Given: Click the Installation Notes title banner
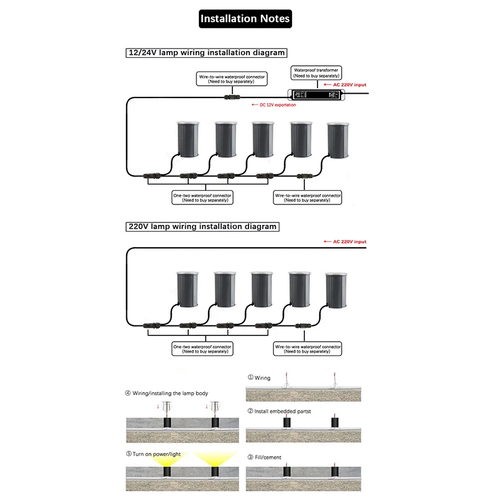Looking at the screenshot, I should pyautogui.click(x=245, y=19).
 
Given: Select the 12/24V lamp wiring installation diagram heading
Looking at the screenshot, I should pyautogui.click(x=206, y=53).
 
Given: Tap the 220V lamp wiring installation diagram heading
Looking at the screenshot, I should pyautogui.click(x=202, y=227).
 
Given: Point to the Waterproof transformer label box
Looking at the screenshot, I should pyautogui.click(x=316, y=73).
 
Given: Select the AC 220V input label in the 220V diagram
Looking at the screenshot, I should pyautogui.click(x=345, y=242).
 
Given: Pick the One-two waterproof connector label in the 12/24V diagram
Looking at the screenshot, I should pyautogui.click(x=202, y=198).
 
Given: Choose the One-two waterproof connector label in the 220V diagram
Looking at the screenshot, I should pyautogui.click(x=202, y=349).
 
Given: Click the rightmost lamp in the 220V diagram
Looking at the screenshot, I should pyautogui.click(x=339, y=291).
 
